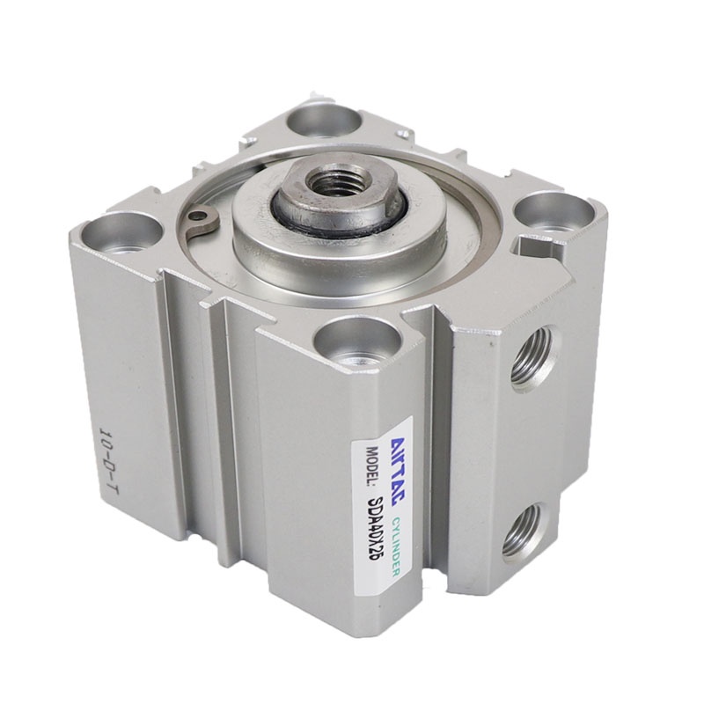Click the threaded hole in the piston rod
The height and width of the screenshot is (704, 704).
pyautogui.click(x=325, y=183)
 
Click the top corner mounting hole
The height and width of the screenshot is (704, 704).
pyautogui.click(x=324, y=119)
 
